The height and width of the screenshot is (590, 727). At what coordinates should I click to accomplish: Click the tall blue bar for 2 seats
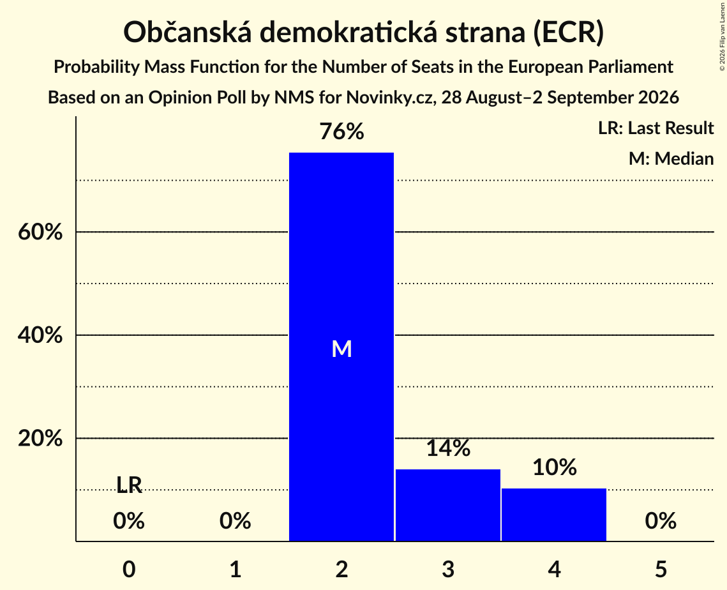[341, 347]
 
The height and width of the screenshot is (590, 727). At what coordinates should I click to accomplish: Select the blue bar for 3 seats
[448, 505]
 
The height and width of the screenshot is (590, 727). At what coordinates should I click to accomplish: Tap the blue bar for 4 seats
[554, 515]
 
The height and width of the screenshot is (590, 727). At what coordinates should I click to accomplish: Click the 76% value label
[341, 132]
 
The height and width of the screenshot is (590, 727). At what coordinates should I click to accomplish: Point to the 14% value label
[448, 448]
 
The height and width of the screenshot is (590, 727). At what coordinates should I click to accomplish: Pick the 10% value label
[555, 467]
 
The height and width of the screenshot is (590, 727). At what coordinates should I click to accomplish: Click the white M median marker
[341, 349]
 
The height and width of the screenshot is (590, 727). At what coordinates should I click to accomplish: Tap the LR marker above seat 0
[129, 485]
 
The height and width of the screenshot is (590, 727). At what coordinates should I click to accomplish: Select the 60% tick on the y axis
[40, 231]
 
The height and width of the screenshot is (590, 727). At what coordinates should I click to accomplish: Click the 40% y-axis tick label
[40, 335]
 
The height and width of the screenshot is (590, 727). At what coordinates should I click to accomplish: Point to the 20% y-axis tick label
[40, 438]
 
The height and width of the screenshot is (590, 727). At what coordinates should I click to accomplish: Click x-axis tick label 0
[129, 569]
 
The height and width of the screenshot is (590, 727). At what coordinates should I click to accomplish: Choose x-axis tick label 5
[661, 569]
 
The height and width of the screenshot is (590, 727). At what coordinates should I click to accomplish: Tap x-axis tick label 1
[236, 569]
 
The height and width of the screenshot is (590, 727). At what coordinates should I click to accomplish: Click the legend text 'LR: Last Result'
[656, 128]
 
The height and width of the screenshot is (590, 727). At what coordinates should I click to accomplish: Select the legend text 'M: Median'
[671, 158]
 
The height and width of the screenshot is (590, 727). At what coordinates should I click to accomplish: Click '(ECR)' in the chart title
[569, 33]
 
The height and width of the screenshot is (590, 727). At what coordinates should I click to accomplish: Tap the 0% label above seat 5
[661, 521]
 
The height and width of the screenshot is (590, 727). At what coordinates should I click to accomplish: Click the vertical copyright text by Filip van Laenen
[722, 36]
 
